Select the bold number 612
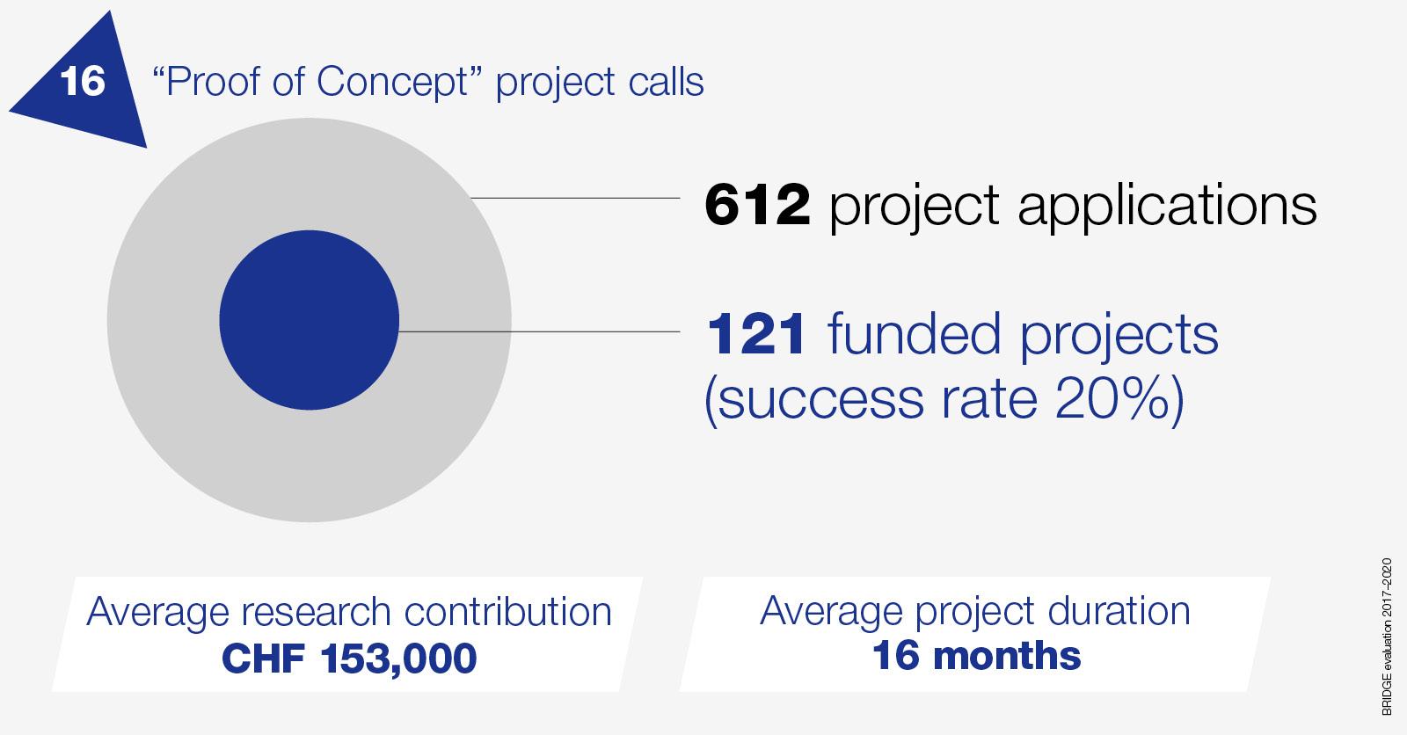click(x=757, y=206)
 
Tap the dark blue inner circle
click(x=309, y=319)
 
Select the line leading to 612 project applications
click(x=576, y=199)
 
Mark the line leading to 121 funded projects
click(x=541, y=331)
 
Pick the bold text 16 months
click(x=976, y=656)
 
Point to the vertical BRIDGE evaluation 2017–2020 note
click(x=1388, y=639)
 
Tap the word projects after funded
click(x=1119, y=338)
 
